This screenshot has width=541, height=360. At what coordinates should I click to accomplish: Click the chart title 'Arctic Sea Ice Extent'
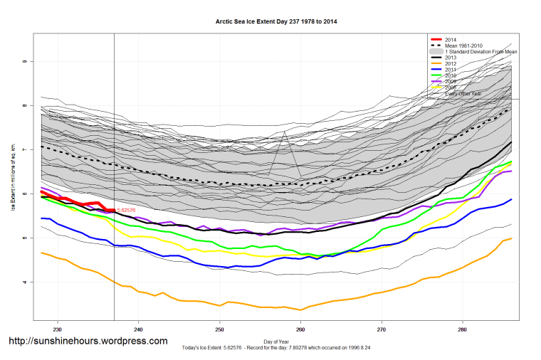click(x=276, y=22)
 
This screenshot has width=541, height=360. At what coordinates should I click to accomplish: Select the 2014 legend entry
click(x=451, y=40)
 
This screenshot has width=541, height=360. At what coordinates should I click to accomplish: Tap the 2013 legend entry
click(x=451, y=58)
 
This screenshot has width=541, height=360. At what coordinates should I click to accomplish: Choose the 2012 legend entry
click(x=451, y=64)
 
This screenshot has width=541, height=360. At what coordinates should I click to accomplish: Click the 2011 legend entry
click(x=451, y=70)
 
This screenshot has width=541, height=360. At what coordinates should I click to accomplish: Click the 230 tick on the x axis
click(x=58, y=329)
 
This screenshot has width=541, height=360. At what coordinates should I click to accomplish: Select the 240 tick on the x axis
click(x=139, y=329)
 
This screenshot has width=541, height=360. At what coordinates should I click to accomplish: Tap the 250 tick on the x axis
click(x=220, y=329)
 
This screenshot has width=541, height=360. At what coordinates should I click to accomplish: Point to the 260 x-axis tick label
click(x=301, y=329)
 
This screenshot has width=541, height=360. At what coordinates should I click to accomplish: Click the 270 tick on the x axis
click(x=382, y=329)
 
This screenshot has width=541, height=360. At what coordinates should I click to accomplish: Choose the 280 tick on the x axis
click(x=463, y=329)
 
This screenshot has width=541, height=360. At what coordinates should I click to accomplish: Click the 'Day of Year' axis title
click(x=276, y=342)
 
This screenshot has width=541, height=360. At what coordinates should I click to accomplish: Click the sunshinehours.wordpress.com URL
click(x=88, y=341)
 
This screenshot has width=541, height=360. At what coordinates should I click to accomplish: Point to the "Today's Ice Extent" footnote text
click(x=276, y=349)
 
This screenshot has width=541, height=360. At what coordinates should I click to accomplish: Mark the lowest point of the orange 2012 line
click(x=300, y=309)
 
